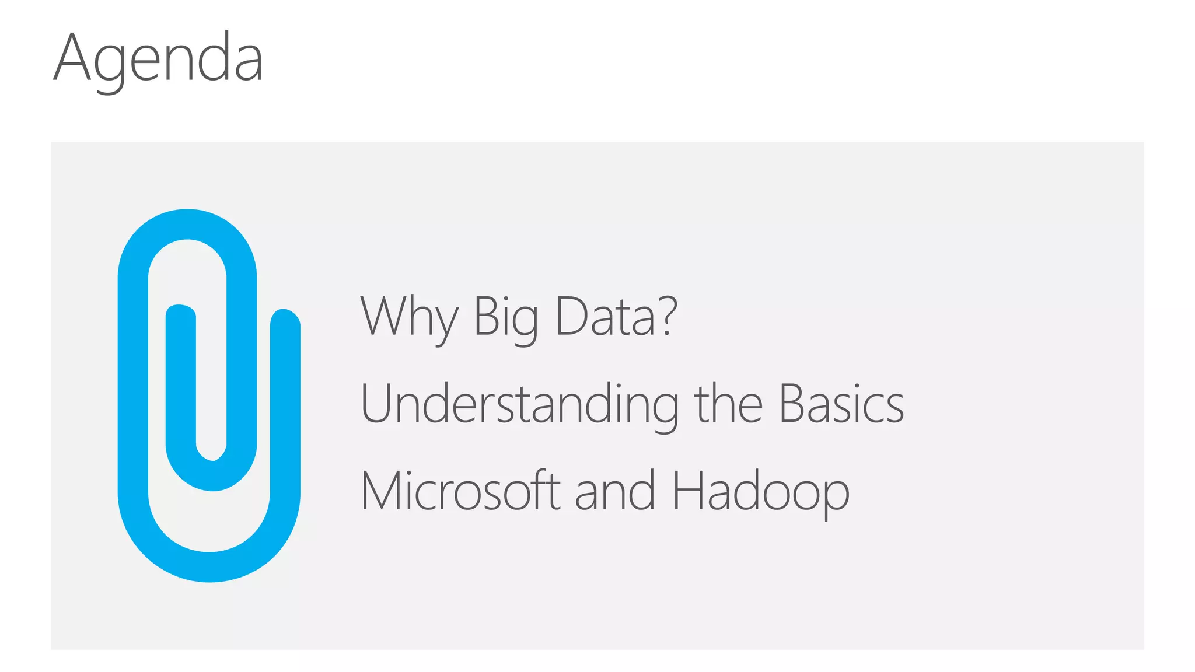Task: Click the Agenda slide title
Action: pos(158,58)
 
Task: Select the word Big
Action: pos(505,318)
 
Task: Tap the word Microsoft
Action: pos(460,491)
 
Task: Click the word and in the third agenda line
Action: pos(615,491)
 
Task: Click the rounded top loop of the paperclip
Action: pos(187,225)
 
